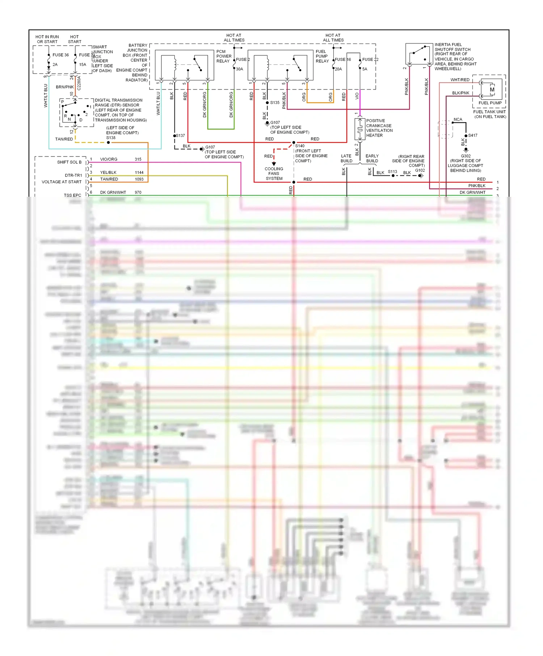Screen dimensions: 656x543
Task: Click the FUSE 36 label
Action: (x=60, y=55)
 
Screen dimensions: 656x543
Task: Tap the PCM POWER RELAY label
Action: (x=224, y=56)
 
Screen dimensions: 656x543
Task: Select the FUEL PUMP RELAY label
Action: (x=322, y=56)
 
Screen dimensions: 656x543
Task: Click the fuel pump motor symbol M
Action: (x=492, y=89)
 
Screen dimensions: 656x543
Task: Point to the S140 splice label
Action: (x=300, y=146)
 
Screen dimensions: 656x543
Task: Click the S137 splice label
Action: (x=180, y=135)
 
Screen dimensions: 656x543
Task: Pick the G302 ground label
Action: (x=466, y=156)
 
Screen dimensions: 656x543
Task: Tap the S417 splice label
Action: (x=472, y=135)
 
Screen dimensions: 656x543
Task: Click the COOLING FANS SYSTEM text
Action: (x=274, y=174)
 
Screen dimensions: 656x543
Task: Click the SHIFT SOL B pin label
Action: (x=69, y=162)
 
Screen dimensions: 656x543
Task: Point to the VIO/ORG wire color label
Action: (x=109, y=159)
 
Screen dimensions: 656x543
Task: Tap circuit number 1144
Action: (x=139, y=172)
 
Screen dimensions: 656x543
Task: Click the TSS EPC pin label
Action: (x=72, y=195)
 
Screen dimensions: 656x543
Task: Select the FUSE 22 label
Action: (x=370, y=59)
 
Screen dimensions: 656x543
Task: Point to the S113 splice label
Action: (x=392, y=172)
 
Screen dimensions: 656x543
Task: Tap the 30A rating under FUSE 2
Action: (x=239, y=69)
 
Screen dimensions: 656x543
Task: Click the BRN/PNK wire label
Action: (x=65, y=87)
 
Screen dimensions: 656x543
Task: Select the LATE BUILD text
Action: (x=346, y=158)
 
